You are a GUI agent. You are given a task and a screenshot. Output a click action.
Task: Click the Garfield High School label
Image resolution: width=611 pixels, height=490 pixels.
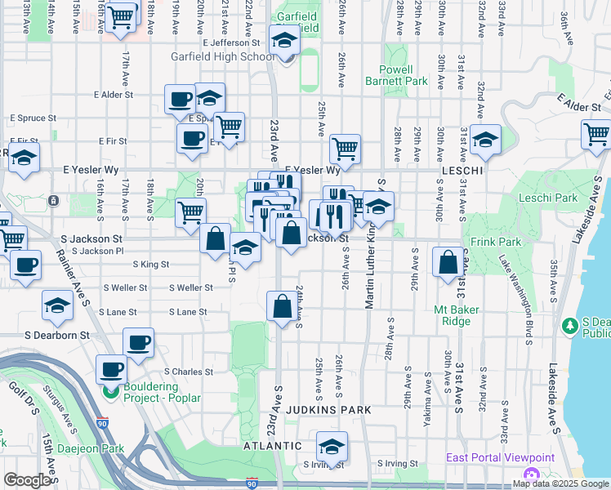222,56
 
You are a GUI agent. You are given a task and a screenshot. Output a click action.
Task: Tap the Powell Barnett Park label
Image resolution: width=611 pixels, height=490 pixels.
404,76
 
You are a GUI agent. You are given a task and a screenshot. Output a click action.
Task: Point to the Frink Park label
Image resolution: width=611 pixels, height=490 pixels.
495,243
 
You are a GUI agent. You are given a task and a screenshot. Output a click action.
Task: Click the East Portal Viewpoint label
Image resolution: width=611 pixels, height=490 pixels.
500,458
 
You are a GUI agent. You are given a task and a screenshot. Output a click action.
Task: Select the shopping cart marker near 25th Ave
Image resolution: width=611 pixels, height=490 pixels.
346,149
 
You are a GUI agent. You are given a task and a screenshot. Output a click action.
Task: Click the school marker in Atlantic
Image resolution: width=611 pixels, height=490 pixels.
332,446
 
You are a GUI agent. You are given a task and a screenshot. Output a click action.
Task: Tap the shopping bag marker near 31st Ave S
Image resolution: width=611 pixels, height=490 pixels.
448,262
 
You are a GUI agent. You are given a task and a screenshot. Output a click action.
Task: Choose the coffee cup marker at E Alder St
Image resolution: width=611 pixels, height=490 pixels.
180,100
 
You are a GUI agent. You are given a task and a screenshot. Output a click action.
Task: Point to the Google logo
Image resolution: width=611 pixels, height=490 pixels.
28,480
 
